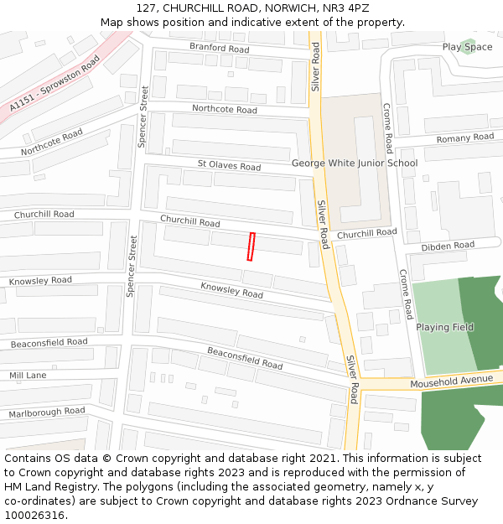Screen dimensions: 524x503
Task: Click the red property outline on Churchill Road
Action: point(251,246)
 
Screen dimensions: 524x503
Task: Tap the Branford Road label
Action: point(219,48)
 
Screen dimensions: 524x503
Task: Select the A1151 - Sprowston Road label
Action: point(54,85)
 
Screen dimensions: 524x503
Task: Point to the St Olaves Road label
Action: point(229,166)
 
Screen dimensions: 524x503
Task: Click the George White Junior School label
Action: point(354,163)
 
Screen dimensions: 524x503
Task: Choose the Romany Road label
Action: point(465,137)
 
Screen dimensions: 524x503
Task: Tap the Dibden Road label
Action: point(448,246)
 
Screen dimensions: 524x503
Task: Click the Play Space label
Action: point(467,47)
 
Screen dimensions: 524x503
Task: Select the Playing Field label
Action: point(444,327)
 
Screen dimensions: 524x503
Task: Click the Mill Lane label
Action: point(29,376)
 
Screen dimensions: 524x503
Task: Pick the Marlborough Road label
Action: point(47,412)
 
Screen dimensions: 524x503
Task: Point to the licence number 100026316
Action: point(34,515)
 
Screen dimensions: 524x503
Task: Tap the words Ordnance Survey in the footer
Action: point(435,501)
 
